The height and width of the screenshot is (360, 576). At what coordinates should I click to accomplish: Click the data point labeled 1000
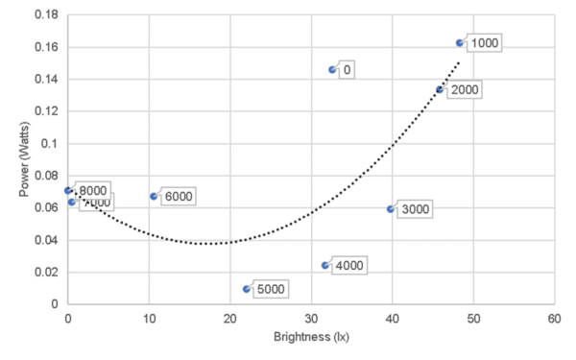[459, 43]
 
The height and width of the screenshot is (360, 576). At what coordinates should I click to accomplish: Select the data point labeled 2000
[440, 89]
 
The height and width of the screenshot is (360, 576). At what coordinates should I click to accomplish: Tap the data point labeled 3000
[391, 208]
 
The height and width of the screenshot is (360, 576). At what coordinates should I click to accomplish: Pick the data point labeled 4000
[324, 265]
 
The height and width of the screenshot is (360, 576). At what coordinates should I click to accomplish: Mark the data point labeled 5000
[247, 288]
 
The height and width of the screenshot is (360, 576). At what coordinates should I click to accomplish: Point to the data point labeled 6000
[154, 196]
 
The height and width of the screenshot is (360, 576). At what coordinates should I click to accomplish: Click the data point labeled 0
[332, 70]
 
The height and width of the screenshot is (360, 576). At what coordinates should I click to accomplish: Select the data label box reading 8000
[93, 190]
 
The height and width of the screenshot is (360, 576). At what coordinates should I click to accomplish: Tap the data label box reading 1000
[485, 43]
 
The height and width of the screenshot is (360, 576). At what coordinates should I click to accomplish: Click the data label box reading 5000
[272, 288]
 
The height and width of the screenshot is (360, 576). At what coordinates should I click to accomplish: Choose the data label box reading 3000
[416, 209]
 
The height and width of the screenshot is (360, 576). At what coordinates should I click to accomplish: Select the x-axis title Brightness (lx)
[311, 339]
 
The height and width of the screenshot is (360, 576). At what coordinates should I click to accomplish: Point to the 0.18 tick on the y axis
[45, 15]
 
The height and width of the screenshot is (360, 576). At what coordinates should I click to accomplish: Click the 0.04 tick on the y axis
[45, 240]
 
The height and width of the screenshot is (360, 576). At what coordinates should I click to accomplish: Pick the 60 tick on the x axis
[553, 317]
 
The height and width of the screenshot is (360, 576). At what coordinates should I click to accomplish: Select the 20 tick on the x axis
[229, 317]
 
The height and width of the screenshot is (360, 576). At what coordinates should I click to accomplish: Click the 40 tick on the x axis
[392, 317]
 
